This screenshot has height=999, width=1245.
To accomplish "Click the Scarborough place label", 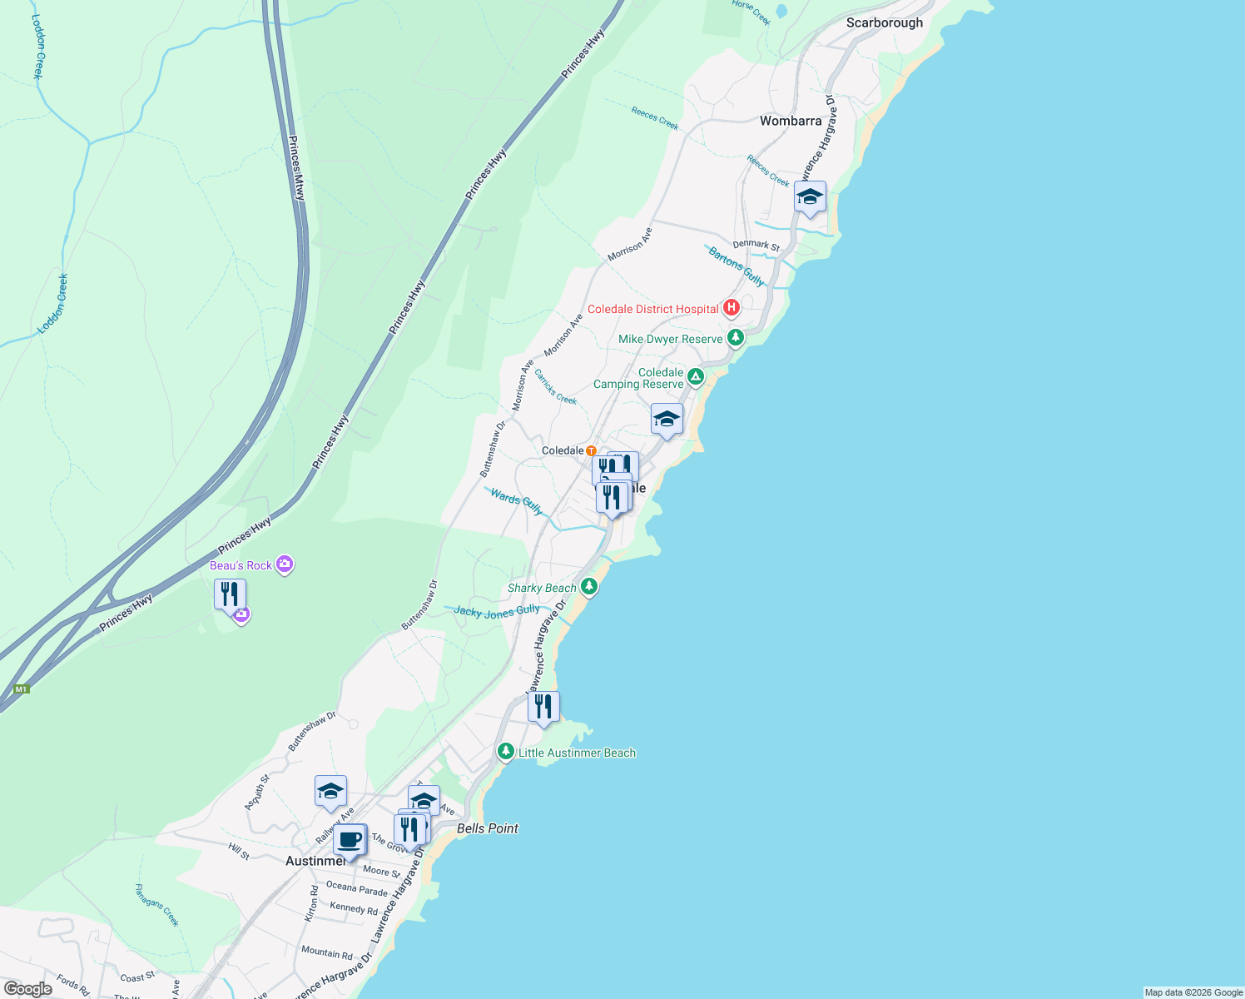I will (x=884, y=23).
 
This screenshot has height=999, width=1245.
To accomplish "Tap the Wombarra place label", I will (x=790, y=122).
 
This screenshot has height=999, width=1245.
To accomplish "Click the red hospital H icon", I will (x=731, y=309).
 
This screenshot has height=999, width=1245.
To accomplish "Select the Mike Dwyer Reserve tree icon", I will (x=735, y=338).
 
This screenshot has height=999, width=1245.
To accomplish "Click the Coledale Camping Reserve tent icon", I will (x=696, y=377).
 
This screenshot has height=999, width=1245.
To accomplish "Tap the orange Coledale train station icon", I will (x=591, y=451).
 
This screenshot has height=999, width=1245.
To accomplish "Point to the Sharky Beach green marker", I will (x=589, y=587).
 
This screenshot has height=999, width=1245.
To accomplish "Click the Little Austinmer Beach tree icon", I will (x=505, y=752).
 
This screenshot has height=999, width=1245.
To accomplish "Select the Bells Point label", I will (x=487, y=828).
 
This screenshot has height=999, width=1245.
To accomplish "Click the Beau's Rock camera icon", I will (x=285, y=565).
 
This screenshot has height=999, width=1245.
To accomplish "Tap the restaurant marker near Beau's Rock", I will (x=230, y=594).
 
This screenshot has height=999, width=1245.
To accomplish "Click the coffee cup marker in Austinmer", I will (x=350, y=839).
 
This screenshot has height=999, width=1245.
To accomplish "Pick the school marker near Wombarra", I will (x=810, y=197).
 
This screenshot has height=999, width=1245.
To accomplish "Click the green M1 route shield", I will (x=22, y=689).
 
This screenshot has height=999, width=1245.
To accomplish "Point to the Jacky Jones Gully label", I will (x=496, y=612).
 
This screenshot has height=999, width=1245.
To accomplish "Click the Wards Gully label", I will (x=516, y=501).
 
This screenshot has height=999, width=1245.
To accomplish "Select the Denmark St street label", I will (x=756, y=245).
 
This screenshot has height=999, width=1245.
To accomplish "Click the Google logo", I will (x=27, y=989).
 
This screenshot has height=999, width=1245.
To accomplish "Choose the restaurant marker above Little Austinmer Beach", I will (x=543, y=707).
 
